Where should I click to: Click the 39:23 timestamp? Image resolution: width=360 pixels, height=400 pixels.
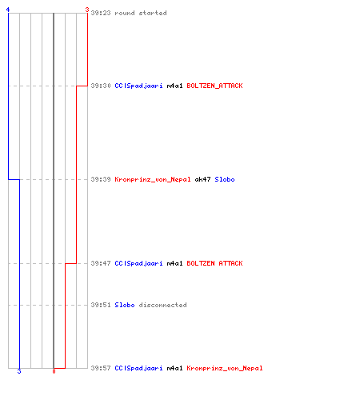(x=101, y=13)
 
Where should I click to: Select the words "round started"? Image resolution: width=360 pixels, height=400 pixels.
(x=141, y=13)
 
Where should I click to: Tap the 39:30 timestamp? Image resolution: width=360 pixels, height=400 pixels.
(x=101, y=86)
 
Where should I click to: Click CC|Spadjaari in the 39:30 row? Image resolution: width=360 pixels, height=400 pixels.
(x=138, y=86)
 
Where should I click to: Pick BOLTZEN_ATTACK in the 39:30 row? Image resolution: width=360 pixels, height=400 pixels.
(x=214, y=86)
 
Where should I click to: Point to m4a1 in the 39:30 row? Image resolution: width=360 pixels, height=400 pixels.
(x=174, y=86)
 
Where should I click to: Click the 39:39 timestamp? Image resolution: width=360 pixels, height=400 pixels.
(x=101, y=179)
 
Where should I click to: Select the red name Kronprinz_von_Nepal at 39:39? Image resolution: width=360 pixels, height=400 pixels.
(x=153, y=179)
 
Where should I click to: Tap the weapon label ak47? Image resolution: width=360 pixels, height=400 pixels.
(x=202, y=179)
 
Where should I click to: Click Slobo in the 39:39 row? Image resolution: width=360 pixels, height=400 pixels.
(x=225, y=179)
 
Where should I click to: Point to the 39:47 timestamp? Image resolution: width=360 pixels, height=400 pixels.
(x=101, y=263)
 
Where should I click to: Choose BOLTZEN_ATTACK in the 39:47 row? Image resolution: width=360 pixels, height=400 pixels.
(x=214, y=263)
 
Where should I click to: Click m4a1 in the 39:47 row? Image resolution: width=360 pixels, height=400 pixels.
(x=174, y=263)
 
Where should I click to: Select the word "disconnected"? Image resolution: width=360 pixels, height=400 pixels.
(x=162, y=305)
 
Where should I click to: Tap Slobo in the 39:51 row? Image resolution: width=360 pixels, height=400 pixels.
(x=125, y=305)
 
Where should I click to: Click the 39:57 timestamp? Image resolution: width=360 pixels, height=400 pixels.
(x=101, y=368)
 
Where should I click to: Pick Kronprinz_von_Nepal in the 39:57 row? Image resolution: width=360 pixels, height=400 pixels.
(x=225, y=368)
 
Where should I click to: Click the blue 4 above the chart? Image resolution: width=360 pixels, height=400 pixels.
(x=8, y=10)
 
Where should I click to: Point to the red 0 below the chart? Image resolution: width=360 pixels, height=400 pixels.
(x=54, y=371)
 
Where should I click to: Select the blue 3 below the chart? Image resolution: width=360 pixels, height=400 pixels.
(x=19, y=371)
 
